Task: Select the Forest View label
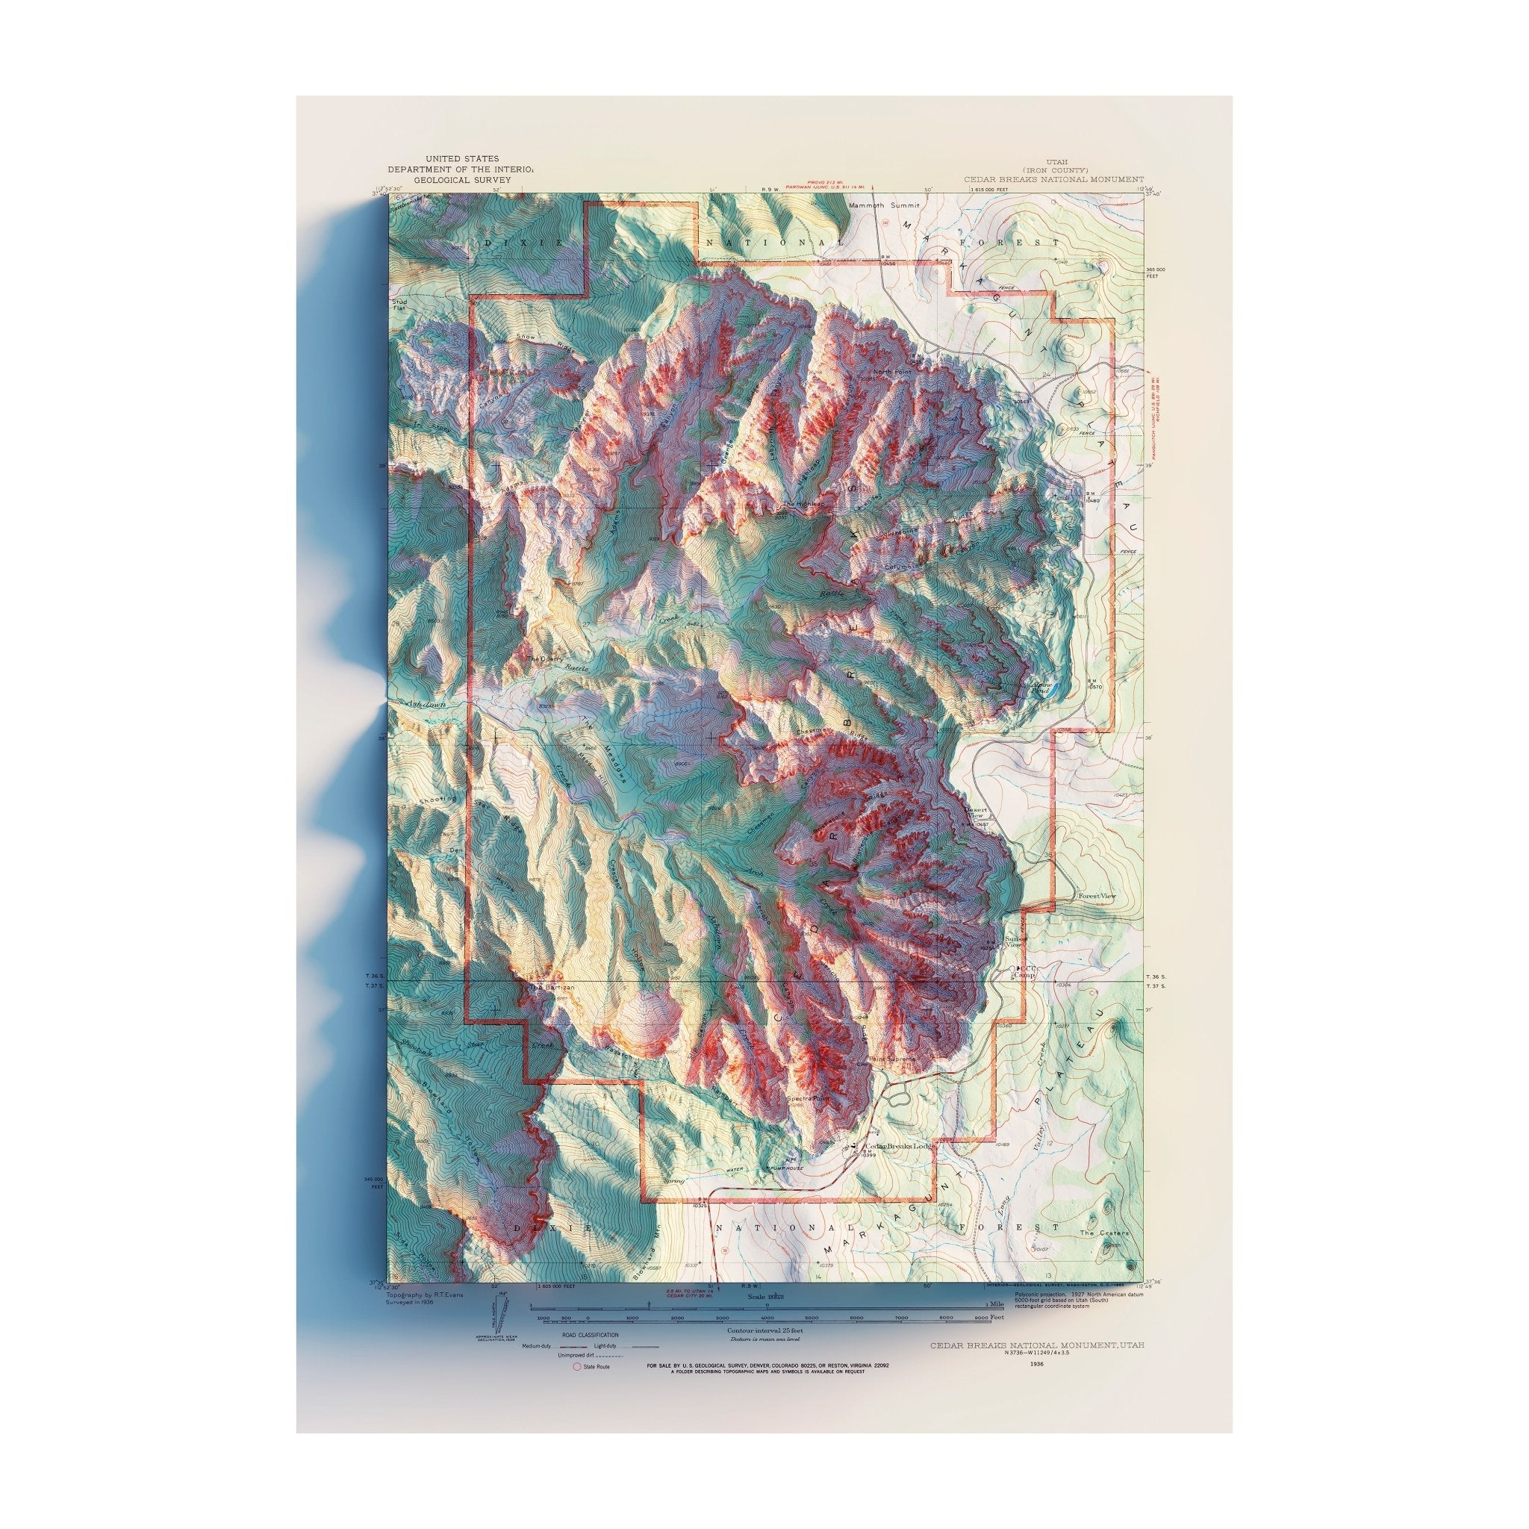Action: coord(1096,895)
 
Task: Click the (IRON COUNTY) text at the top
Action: coord(1053,170)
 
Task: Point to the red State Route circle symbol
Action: coord(576,1367)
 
